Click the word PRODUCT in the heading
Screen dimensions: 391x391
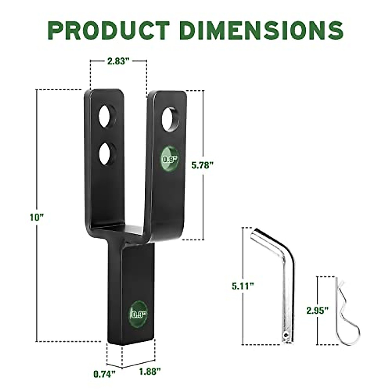(110, 30)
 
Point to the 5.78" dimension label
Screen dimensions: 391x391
(202, 165)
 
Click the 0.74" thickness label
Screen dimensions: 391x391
(105, 374)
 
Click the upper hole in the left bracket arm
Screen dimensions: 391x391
(108, 116)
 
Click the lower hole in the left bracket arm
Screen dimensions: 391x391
(107, 153)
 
